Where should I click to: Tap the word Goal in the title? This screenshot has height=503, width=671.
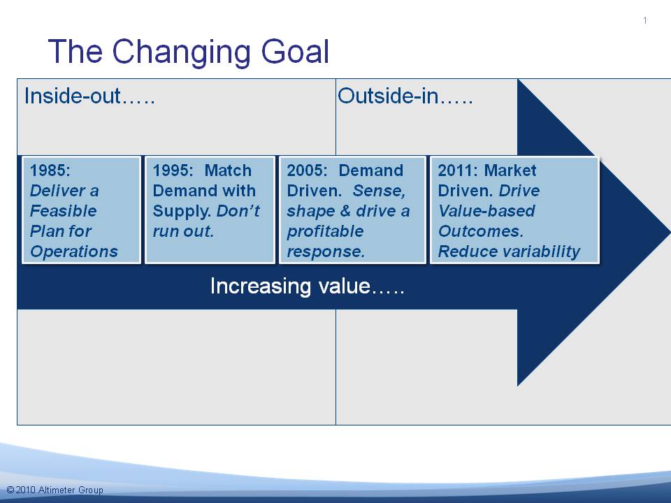point(295,51)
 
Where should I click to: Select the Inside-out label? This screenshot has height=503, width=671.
point(89,96)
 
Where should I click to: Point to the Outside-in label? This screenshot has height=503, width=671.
point(405,96)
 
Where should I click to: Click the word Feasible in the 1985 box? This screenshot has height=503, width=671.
point(64,211)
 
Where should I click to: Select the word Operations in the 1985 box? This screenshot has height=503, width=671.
point(74,251)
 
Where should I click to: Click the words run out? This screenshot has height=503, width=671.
point(183,231)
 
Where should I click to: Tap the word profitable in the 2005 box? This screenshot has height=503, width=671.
point(325,231)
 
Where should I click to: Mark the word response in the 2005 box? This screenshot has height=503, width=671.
point(326,252)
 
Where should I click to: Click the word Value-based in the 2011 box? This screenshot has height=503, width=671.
point(486,211)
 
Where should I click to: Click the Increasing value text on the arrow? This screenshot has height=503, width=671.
point(308,286)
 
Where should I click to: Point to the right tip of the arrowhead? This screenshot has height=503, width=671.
point(670,233)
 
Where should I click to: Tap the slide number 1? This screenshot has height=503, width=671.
point(645,20)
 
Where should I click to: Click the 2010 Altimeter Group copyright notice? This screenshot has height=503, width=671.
point(55,490)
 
